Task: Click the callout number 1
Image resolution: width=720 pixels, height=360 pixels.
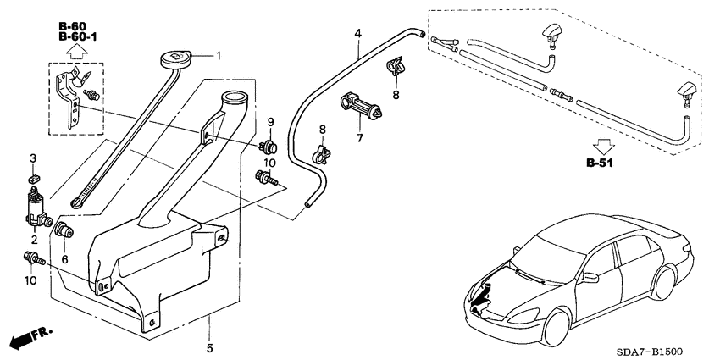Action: click(x=218, y=57)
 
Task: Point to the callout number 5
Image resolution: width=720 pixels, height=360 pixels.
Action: click(x=209, y=347)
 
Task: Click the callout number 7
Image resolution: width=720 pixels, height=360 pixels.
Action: click(x=359, y=137)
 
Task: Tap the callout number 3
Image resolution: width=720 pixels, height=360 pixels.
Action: click(x=33, y=158)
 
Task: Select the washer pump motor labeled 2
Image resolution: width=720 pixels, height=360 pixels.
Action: click(x=35, y=208)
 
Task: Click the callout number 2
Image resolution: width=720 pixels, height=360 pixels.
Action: click(x=35, y=240)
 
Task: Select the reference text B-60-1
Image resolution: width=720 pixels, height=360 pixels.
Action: click(x=78, y=38)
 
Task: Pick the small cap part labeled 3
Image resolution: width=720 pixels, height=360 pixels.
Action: click(x=34, y=178)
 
